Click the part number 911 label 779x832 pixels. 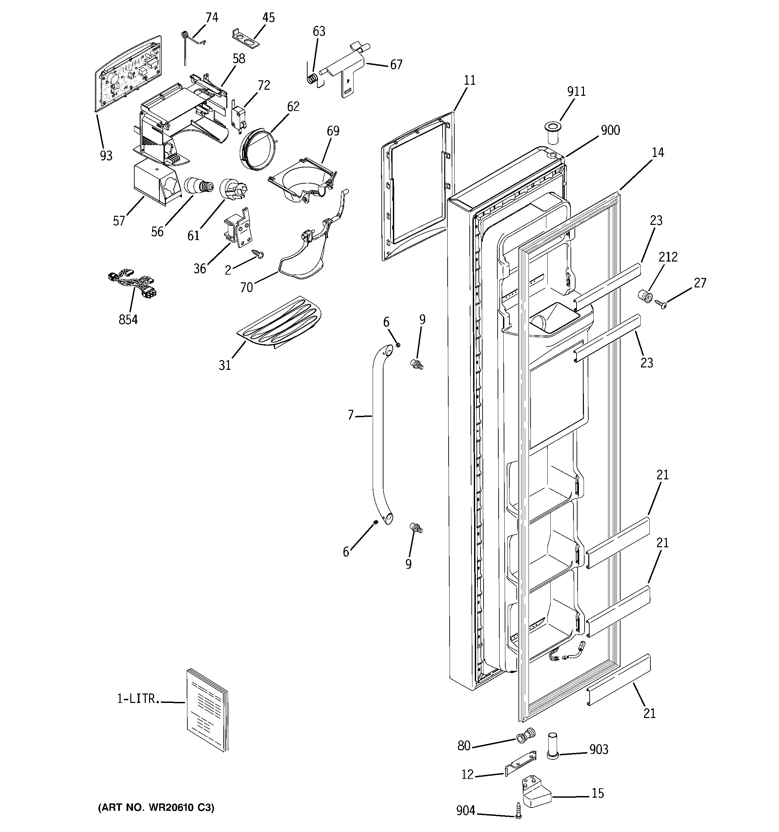click(576, 91)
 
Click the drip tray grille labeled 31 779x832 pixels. click(279, 322)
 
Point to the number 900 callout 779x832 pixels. click(610, 130)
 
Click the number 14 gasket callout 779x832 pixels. click(657, 152)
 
